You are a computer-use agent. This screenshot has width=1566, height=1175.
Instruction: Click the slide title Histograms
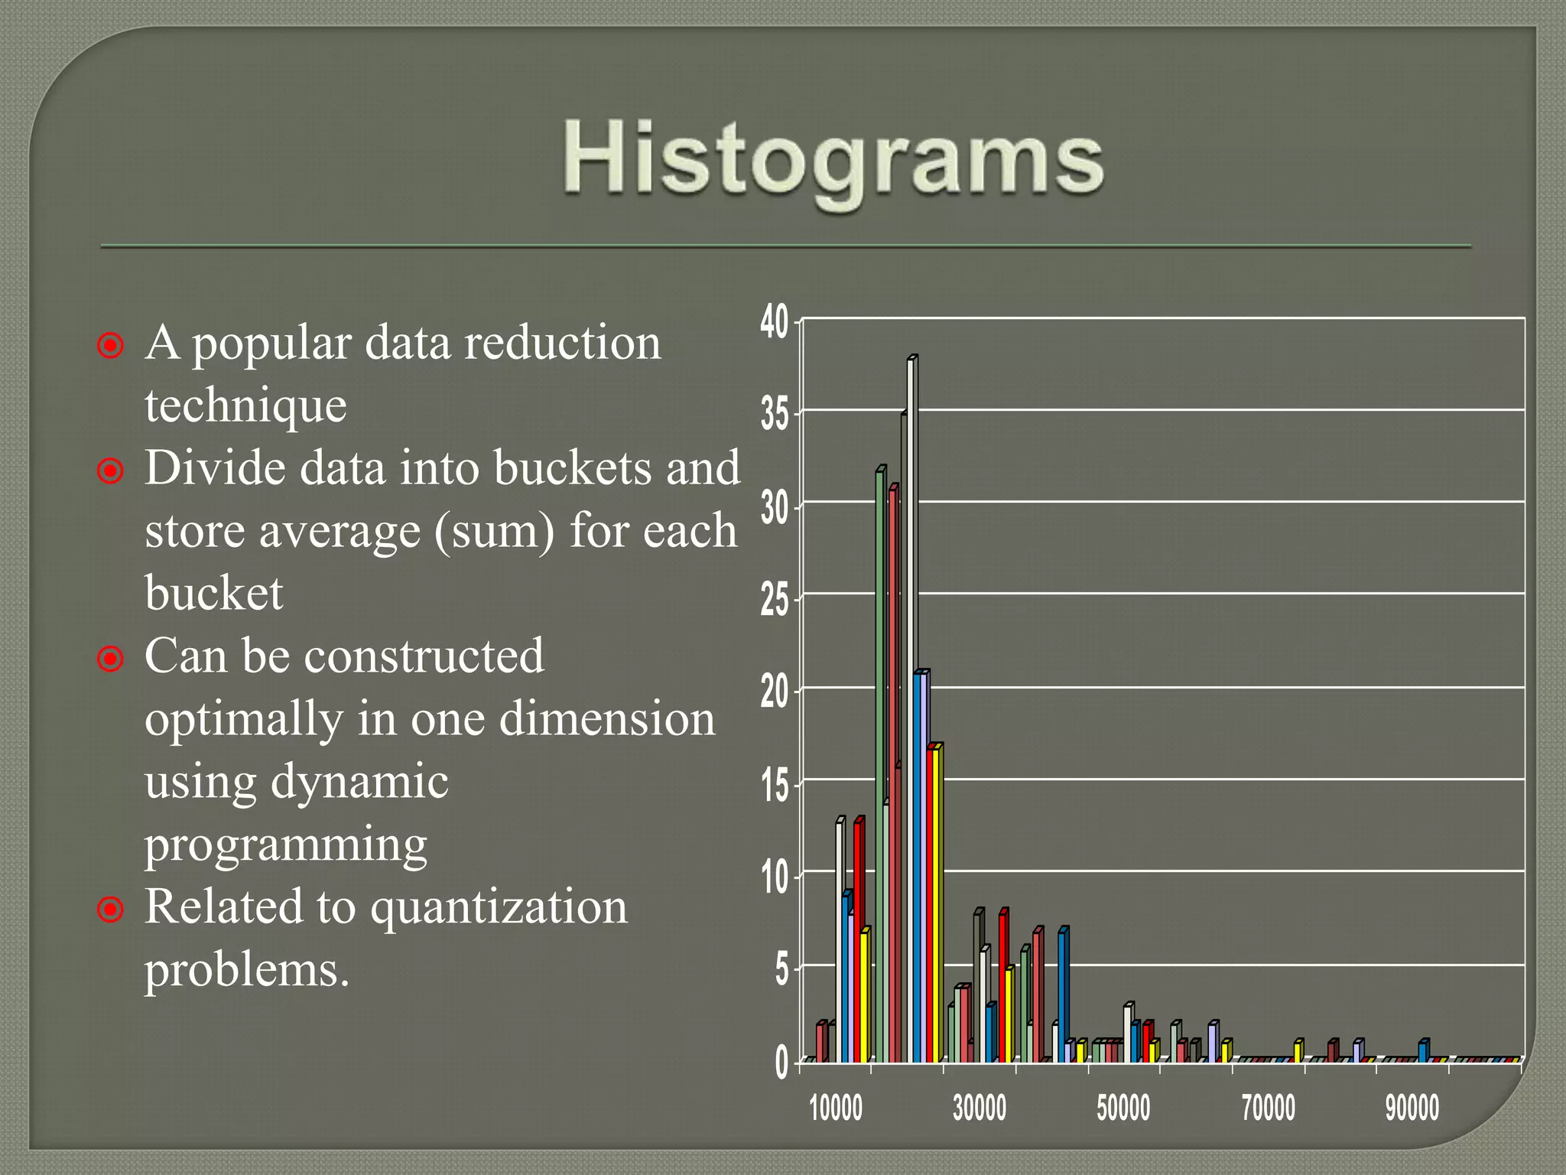click(833, 158)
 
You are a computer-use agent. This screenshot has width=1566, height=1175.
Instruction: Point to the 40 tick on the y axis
click(775, 321)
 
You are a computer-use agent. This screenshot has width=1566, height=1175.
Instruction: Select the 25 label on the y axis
click(775, 600)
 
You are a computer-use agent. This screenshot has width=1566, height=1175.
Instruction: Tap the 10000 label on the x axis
click(836, 1108)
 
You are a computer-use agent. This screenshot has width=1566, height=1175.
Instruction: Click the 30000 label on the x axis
click(980, 1108)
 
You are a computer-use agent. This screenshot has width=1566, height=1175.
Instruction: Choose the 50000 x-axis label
click(1123, 1108)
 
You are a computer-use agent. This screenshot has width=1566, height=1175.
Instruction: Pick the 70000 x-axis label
click(1268, 1108)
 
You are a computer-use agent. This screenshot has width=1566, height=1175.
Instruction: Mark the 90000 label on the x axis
click(1412, 1108)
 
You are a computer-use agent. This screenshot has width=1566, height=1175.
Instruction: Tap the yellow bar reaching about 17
click(937, 903)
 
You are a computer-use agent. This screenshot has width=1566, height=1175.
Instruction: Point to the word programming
click(286, 845)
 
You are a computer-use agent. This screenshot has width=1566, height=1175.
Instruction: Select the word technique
click(245, 405)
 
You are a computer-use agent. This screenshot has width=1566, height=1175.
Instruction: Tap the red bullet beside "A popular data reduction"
click(111, 346)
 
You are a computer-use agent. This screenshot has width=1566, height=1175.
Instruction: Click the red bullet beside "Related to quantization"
click(111, 910)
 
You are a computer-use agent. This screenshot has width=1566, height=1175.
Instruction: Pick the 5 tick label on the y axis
click(781, 970)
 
